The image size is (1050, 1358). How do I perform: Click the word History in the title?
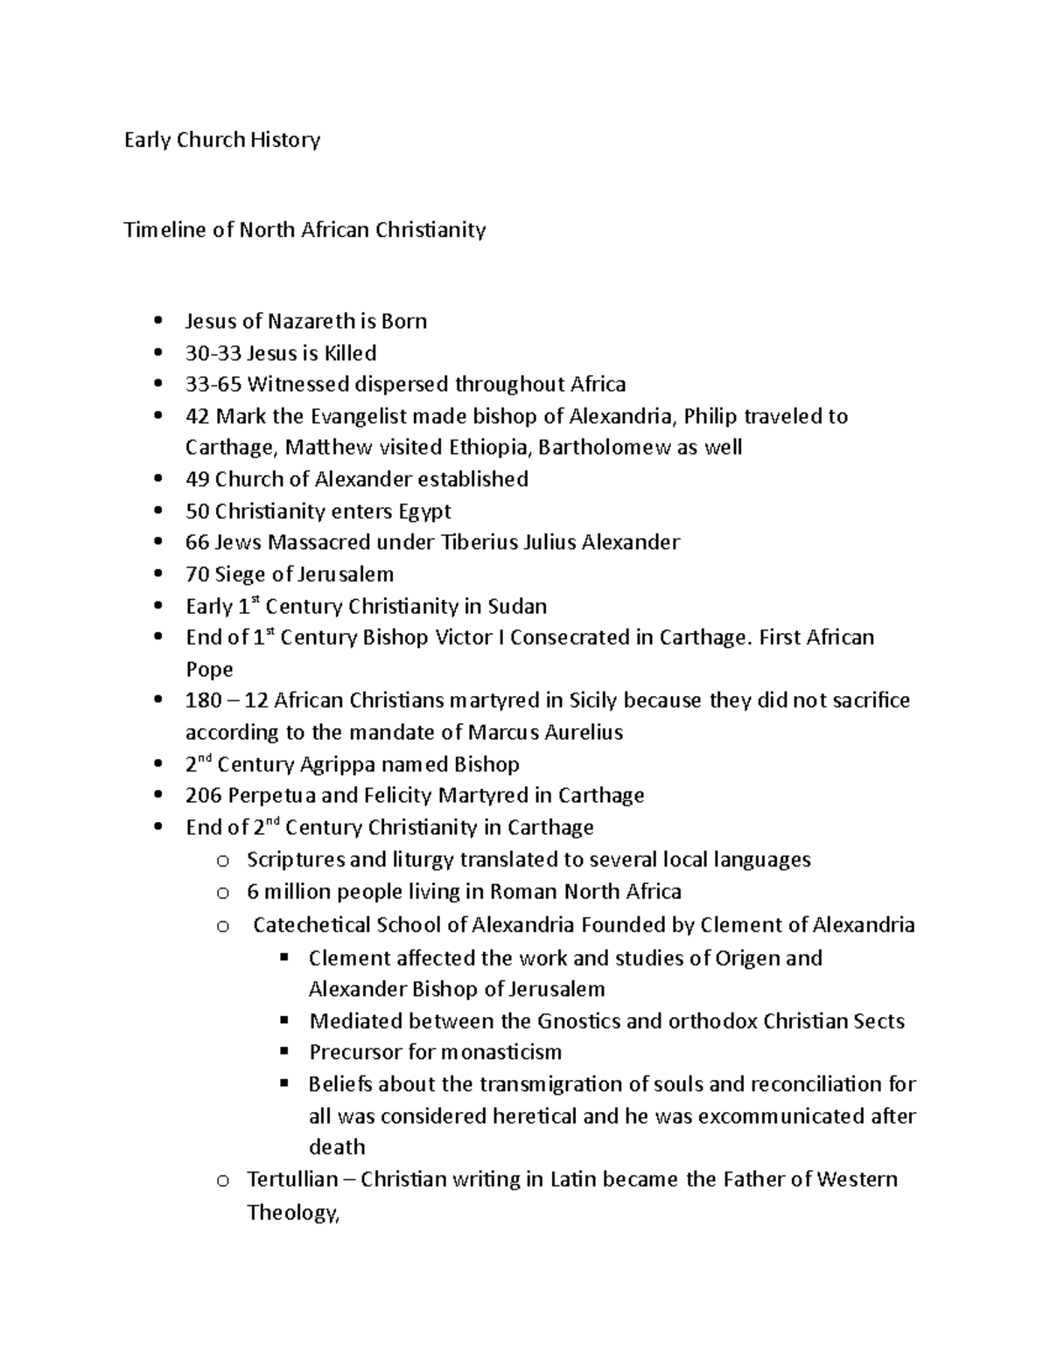[x=285, y=140]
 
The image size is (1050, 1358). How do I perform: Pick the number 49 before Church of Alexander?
[x=197, y=479]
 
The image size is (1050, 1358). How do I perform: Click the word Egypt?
[x=424, y=512]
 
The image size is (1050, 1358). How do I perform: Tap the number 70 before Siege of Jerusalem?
[x=197, y=575]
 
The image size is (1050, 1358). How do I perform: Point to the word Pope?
[x=209, y=670]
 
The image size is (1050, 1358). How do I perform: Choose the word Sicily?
[x=592, y=700]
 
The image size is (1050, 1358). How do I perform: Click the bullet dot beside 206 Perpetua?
[x=157, y=796]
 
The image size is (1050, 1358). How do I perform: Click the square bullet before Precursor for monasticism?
[x=283, y=1051]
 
